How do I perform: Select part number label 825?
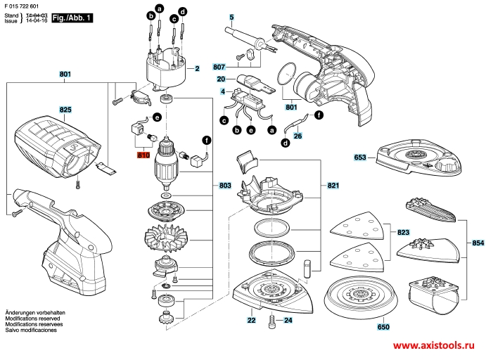pos(65,110)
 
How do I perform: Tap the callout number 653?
pos(361,157)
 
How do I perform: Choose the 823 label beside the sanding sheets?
pos(403,231)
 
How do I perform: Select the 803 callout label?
pos(225,186)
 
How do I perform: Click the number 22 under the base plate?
pos(251,320)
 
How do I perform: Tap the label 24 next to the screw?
pos(287,320)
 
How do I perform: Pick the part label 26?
pos(298,136)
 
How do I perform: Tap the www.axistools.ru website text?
pos(433,347)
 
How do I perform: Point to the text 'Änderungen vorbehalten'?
pos(35,330)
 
